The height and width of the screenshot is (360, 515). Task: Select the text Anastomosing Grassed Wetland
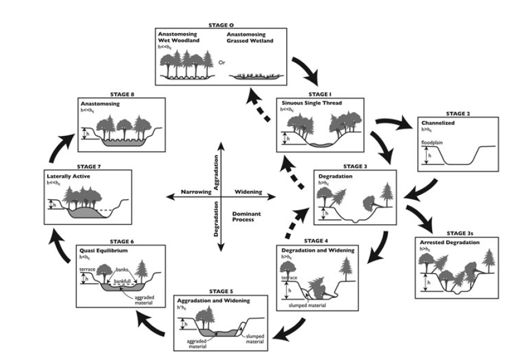coord(252,37)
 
